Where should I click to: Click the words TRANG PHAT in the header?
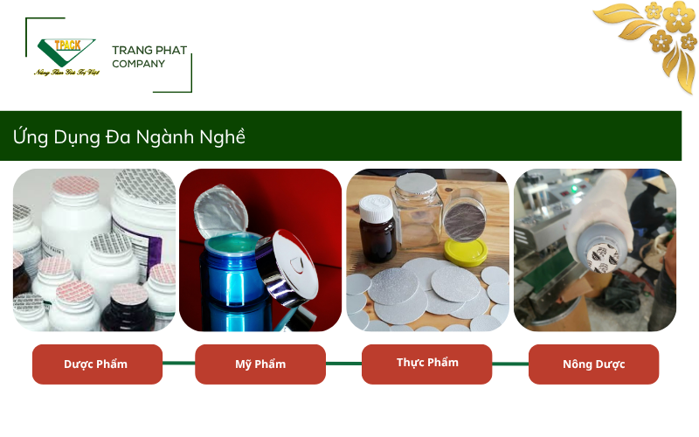point(149,51)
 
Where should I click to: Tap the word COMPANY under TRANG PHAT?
point(138,64)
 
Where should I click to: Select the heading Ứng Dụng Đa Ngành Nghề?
point(129,137)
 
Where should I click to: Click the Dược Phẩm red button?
point(97,364)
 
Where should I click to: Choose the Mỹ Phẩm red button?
point(260,364)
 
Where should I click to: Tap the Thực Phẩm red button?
point(426,363)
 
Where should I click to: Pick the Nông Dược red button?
point(593,364)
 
